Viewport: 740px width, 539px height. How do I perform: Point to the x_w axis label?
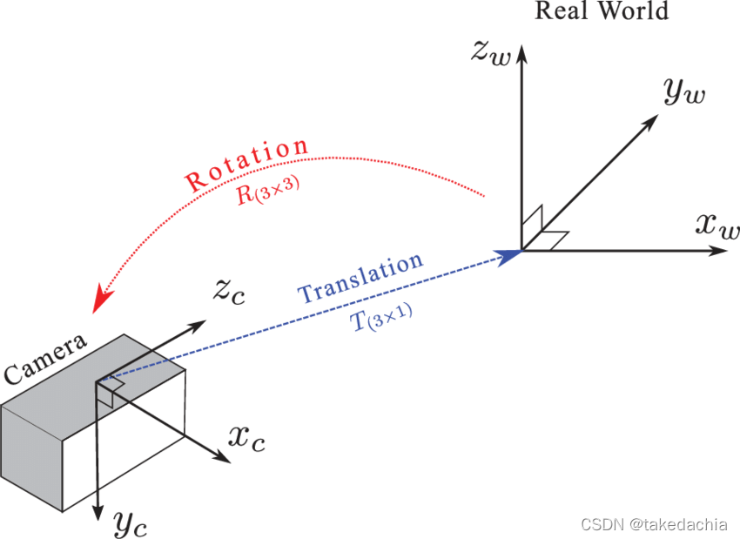tap(717, 226)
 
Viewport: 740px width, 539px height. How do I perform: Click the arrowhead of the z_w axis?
tap(521, 54)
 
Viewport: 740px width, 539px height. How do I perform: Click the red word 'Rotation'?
tap(246, 165)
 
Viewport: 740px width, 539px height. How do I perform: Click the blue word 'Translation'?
tap(360, 278)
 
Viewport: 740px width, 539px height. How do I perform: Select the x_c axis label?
tap(246, 437)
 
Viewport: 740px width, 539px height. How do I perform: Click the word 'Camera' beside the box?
tap(45, 358)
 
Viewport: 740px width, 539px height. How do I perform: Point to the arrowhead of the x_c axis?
tap(215, 458)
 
